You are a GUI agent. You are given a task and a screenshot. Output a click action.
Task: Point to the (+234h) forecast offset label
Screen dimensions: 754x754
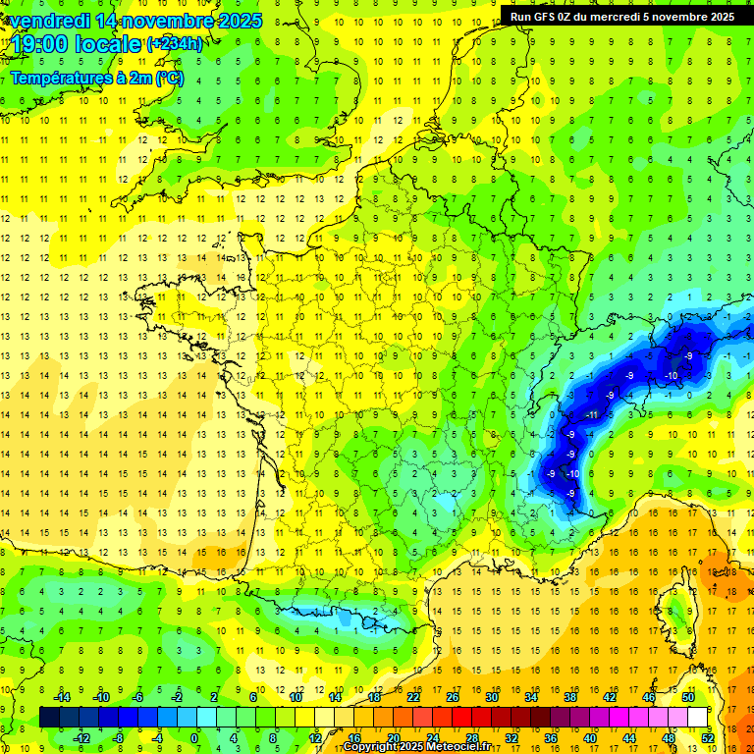click(174, 43)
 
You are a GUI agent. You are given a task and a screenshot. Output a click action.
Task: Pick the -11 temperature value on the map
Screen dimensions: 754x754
click(591, 415)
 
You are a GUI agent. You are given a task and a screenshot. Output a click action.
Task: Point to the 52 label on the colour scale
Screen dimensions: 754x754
click(707, 737)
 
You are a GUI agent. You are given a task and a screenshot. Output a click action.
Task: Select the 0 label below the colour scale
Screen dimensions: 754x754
click(194, 737)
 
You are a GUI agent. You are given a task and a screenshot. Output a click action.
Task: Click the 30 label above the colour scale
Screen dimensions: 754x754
click(492, 696)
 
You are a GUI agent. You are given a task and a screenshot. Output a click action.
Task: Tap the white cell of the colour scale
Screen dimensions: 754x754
click(697, 717)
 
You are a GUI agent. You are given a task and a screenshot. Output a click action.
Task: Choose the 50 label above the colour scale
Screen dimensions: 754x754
click(688, 696)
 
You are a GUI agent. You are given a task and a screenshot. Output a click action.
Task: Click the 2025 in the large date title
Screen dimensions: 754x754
click(240, 20)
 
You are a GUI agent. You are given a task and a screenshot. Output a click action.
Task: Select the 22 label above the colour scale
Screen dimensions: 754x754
click(413, 696)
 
